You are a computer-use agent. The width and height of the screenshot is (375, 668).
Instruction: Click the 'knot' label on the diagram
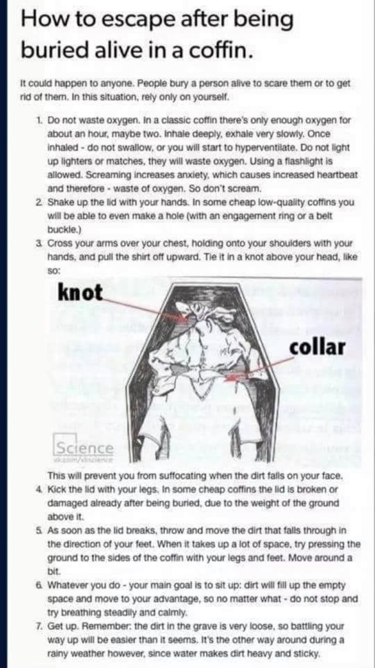80,292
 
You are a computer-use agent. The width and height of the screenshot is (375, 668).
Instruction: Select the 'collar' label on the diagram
316,347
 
